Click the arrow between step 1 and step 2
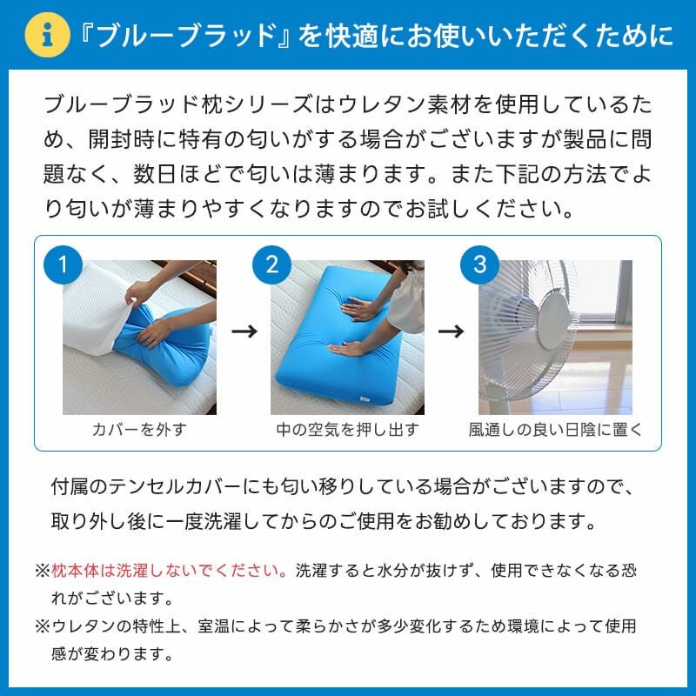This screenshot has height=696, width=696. pos(244,331)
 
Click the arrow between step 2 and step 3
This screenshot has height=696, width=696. pos(449,331)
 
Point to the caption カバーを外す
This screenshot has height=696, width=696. pos(139,430)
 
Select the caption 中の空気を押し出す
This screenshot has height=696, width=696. pos(347,430)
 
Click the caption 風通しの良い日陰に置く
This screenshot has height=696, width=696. pos(555,430)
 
